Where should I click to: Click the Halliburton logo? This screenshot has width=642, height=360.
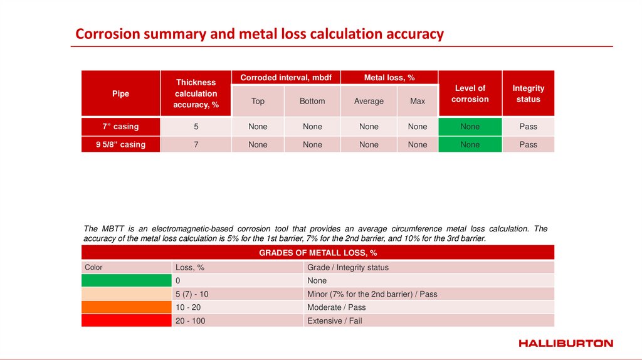click(566, 343)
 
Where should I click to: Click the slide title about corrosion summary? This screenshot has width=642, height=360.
click(260, 34)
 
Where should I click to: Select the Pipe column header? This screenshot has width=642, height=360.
click(120, 93)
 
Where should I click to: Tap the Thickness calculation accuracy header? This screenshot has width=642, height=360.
click(196, 93)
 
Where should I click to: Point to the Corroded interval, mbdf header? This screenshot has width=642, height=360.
click(285, 77)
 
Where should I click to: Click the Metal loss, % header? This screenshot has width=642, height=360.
click(389, 77)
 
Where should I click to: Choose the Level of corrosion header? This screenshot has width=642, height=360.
click(470, 93)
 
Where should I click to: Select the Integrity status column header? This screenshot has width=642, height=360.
click(528, 93)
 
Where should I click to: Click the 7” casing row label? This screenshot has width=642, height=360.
click(120, 126)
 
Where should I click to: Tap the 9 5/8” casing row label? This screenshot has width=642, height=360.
click(120, 144)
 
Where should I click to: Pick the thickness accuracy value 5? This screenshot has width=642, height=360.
click(196, 127)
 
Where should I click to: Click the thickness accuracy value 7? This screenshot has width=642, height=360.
click(196, 144)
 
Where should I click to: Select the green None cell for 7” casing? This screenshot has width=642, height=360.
click(470, 127)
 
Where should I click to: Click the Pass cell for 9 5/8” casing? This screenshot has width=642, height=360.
click(528, 144)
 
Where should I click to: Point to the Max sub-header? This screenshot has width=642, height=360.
click(418, 101)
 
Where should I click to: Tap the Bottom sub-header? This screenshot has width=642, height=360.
click(312, 101)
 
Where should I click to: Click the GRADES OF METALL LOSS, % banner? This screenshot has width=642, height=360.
click(318, 253)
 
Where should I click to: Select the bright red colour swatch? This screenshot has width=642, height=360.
click(126, 320)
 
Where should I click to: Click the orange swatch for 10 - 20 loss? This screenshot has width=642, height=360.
click(126, 307)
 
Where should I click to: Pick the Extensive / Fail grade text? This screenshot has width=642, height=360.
click(334, 320)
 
